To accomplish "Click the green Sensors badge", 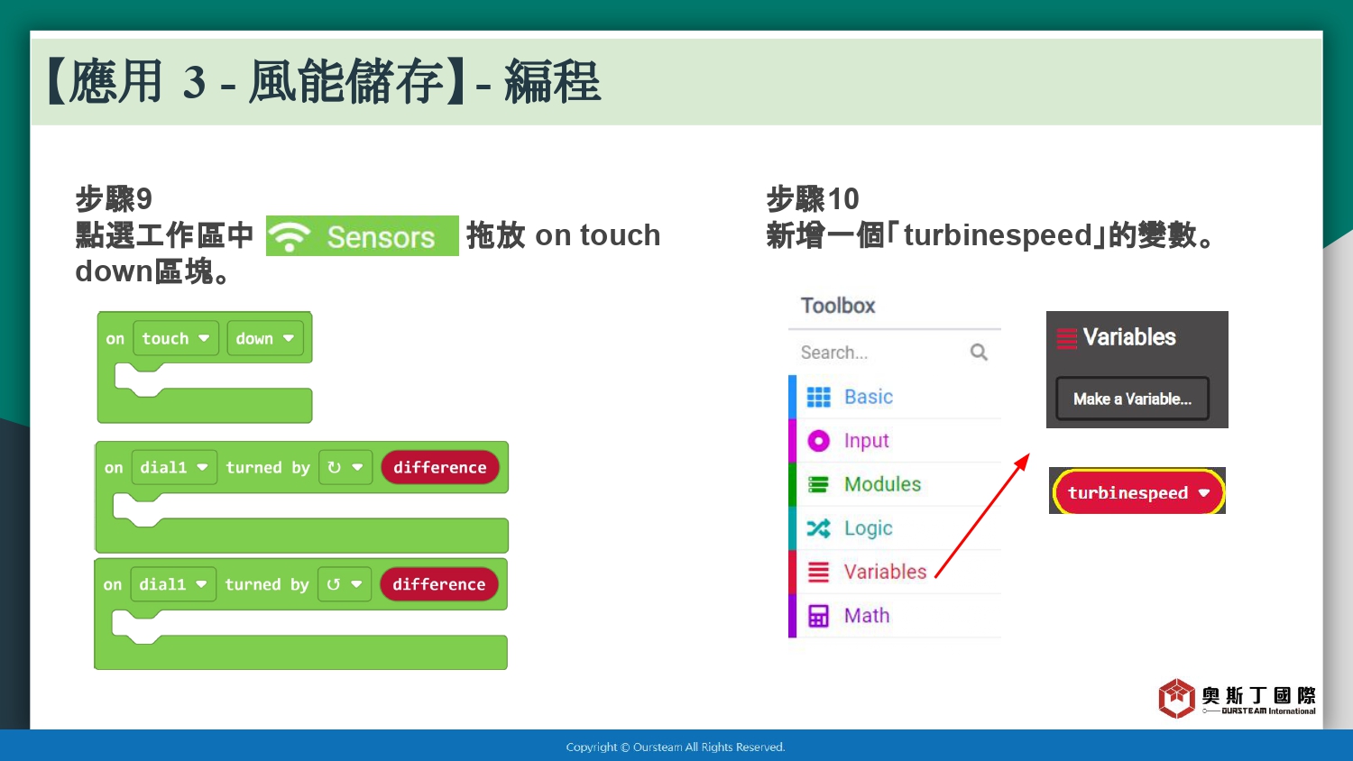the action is coord(362,235).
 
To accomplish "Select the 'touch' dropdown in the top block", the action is coord(176,338).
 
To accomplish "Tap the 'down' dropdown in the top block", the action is coord(265,338).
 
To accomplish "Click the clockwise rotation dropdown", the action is coord(345,467).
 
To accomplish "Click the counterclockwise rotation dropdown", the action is coord(345,584).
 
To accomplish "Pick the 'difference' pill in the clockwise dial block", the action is coord(440,467).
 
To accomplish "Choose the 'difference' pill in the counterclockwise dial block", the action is coord(439,584).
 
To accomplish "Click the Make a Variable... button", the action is coord(1133,399).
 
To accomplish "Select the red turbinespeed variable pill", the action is coord(1138,492).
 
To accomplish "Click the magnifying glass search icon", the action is coord(979,353).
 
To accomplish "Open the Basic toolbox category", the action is coord(868,397).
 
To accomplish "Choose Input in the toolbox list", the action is coord(866,441).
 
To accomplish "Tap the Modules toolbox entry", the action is coord(882,484).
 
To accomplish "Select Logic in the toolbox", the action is coord(868,528).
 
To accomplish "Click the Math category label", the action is coord(867,616).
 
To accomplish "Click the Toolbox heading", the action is coord(838,306).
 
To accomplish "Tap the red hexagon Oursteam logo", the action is coord(1176,698).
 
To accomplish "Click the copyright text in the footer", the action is coord(676,747).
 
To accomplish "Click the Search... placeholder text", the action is coord(834,353).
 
